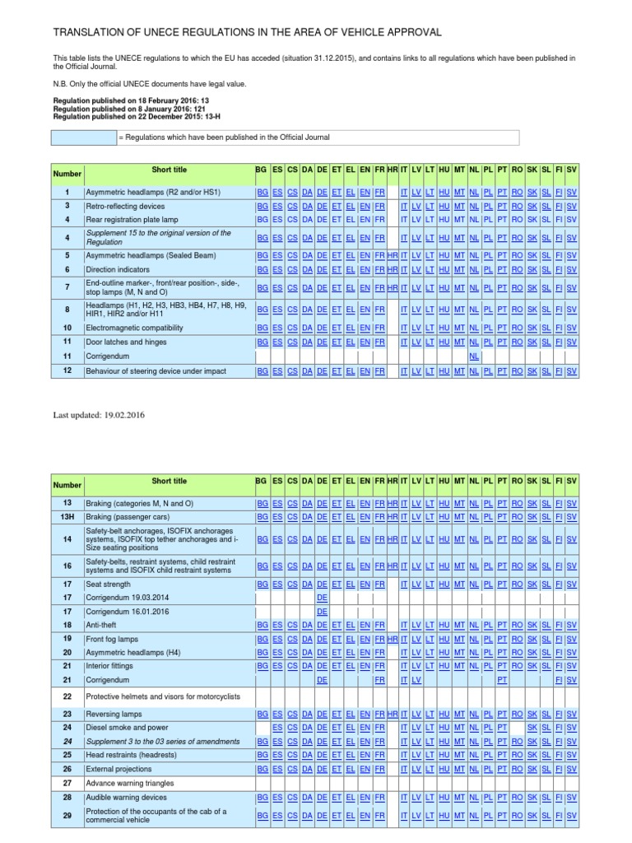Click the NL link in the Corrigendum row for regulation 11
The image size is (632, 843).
pos(474,356)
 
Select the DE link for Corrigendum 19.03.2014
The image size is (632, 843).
pos(323,598)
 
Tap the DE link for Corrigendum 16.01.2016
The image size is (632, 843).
pos(323,612)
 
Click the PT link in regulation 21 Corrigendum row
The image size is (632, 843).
pos(502,680)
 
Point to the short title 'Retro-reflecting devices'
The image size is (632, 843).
pos(125,205)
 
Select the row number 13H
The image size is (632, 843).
pos(67,516)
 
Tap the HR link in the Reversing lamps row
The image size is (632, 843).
pos(393,714)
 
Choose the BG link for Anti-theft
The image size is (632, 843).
pos(262,626)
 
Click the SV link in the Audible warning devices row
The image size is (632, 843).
pos(572,797)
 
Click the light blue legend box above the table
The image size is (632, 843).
pos(85,137)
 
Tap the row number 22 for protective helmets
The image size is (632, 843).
pos(67,696)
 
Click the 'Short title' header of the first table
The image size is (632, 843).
pos(169,170)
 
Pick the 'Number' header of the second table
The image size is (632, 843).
pos(67,485)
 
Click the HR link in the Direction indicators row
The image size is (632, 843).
pos(393,269)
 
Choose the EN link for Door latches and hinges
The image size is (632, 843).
pos(365,342)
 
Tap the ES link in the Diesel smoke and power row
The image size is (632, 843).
pos(277,728)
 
